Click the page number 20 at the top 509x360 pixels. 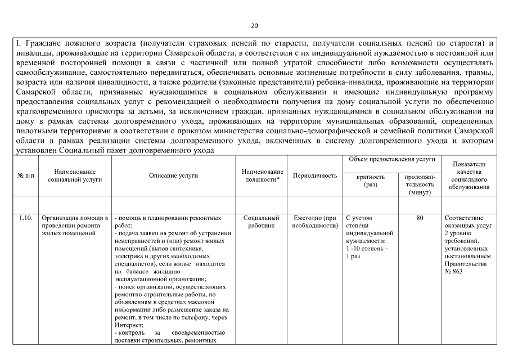coord(254,26)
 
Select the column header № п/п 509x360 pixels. coord(26,175)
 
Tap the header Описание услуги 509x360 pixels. coord(173,175)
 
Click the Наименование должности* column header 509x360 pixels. coord(262,175)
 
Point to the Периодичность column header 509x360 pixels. coord(315,175)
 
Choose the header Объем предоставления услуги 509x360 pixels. coord(391,160)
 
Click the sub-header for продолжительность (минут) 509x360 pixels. coord(420,184)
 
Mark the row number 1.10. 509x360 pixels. coord(26,218)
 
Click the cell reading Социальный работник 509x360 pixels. coord(262,221)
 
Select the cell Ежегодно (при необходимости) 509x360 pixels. coord(315,221)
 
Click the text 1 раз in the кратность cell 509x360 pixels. coord(353,256)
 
